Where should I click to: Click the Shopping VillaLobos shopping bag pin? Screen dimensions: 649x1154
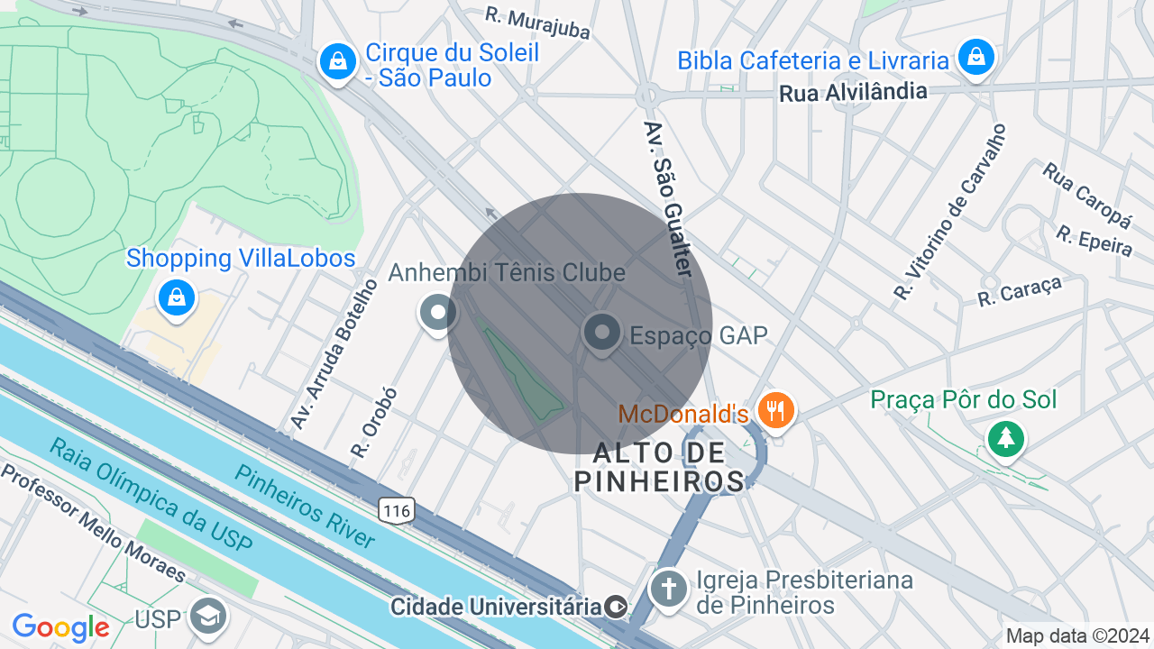tap(177, 296)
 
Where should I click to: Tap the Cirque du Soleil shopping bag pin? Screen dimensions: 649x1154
tap(336, 62)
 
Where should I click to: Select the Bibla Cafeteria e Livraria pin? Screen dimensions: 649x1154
tap(975, 57)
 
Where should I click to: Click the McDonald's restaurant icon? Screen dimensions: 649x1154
tap(774, 410)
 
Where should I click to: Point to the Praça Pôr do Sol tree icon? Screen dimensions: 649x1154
tap(1005, 439)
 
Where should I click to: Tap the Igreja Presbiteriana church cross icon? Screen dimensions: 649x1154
tap(668, 590)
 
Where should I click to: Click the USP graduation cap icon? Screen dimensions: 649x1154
tap(209, 617)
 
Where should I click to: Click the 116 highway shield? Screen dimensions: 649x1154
tap(397, 511)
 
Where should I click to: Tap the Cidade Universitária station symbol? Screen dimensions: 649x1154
tap(617, 607)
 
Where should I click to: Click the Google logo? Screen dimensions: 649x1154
tap(60, 627)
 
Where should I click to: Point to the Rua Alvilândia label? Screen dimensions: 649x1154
tap(852, 92)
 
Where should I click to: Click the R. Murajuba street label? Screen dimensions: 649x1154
tap(537, 23)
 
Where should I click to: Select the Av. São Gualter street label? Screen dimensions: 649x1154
tap(668, 198)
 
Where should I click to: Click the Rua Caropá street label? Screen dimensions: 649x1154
tap(1086, 195)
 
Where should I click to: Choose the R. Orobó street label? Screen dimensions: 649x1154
tap(374, 422)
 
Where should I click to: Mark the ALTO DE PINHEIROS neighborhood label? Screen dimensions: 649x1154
tap(660, 466)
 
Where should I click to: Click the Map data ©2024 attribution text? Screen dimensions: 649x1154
tap(1077, 635)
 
